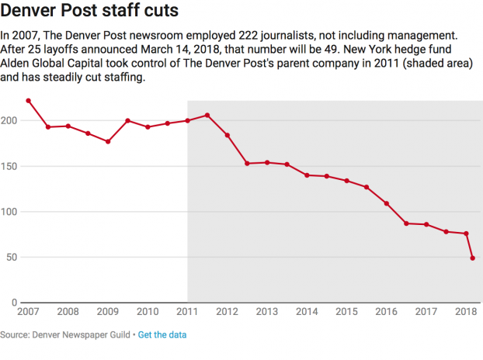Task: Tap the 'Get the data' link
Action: (x=162, y=334)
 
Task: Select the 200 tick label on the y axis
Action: (x=10, y=121)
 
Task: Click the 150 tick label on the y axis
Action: (x=10, y=166)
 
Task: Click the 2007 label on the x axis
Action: (x=28, y=312)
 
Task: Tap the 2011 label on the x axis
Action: (x=187, y=312)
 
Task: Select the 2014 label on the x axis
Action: (x=306, y=312)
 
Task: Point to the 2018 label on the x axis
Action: (x=465, y=312)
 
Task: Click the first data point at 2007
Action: (x=29, y=101)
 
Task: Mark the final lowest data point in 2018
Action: (x=473, y=258)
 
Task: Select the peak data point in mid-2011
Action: (x=207, y=116)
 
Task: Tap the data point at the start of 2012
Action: (x=228, y=135)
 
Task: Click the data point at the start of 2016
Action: (x=386, y=203)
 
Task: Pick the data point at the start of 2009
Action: (x=108, y=142)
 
